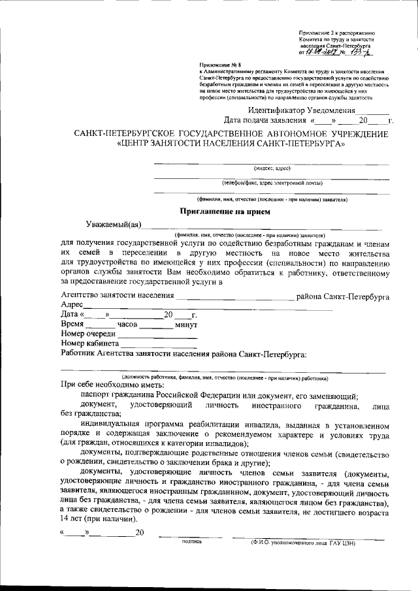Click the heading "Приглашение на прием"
click(x=225, y=211)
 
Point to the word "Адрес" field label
click(x=72, y=305)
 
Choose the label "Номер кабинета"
click(x=89, y=343)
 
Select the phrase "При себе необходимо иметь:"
click(x=117, y=386)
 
